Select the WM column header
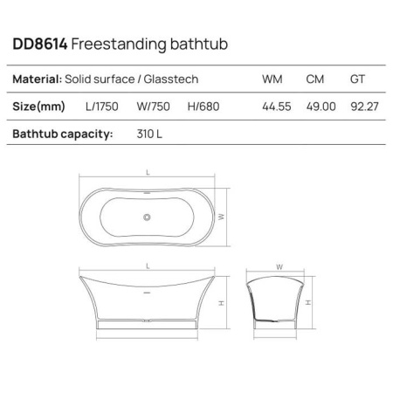pos(272,79)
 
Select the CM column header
pos(315,79)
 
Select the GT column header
pos(357,79)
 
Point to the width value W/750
pos(155,107)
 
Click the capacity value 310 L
pos(145,134)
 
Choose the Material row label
pos(37,79)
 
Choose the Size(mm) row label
pos(39,107)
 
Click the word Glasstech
pos(169,79)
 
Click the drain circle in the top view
pos(147,215)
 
